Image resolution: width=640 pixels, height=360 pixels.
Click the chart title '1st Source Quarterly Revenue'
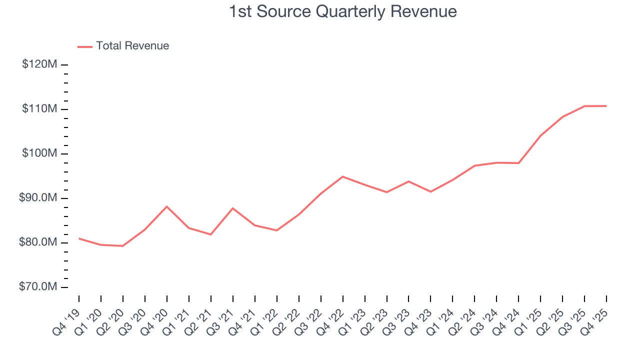coord(342,11)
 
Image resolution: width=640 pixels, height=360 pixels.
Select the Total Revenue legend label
coord(132,46)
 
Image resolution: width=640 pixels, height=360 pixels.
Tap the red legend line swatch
coord(85,46)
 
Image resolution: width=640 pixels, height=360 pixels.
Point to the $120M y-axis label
coord(39,64)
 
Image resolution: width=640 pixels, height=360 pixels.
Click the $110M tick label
coord(39,109)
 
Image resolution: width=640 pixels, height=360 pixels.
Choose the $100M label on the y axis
coord(39,153)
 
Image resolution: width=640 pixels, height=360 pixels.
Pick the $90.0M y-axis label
coord(38,198)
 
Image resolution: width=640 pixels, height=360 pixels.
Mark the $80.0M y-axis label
coord(38,242)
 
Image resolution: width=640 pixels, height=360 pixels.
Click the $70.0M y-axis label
coord(38,287)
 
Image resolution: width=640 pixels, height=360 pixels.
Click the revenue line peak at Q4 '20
coord(166,206)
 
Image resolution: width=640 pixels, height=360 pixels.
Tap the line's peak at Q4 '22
coord(342,176)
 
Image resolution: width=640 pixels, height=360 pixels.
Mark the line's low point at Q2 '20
coord(122,246)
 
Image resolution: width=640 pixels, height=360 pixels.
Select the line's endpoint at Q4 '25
coord(606,106)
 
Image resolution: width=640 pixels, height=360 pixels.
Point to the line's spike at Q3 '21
coord(232,208)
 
